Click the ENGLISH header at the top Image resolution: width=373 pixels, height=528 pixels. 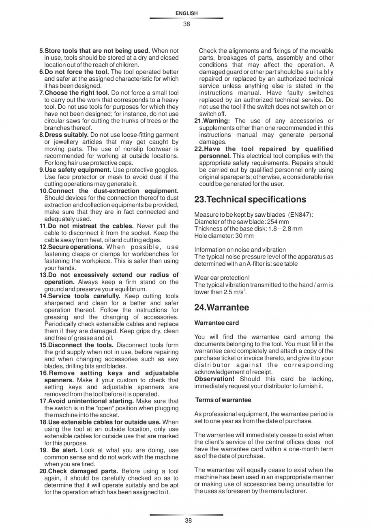pyautogui.click(x=186, y=13)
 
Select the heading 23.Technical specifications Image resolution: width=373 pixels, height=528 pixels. pyautogui.click(x=250, y=199)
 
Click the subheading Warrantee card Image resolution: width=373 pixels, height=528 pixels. pyautogui.click(x=217, y=323)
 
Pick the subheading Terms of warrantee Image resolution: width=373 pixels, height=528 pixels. pyautogui.click(x=223, y=400)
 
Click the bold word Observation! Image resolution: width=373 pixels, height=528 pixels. pyautogui.click(x=214, y=379)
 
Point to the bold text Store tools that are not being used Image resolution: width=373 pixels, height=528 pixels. pyautogui.click(x=97, y=51)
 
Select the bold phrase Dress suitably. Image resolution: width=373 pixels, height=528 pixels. pyautogui.click(x=66, y=135)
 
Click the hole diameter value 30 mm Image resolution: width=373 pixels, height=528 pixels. pyautogui.click(x=245, y=236)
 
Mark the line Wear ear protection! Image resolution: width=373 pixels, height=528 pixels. pyautogui.click(x=222, y=278)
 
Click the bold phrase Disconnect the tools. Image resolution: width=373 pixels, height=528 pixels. pyautogui.click(x=78, y=345)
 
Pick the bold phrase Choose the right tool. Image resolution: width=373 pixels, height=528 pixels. pyautogui.click(x=77, y=93)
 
